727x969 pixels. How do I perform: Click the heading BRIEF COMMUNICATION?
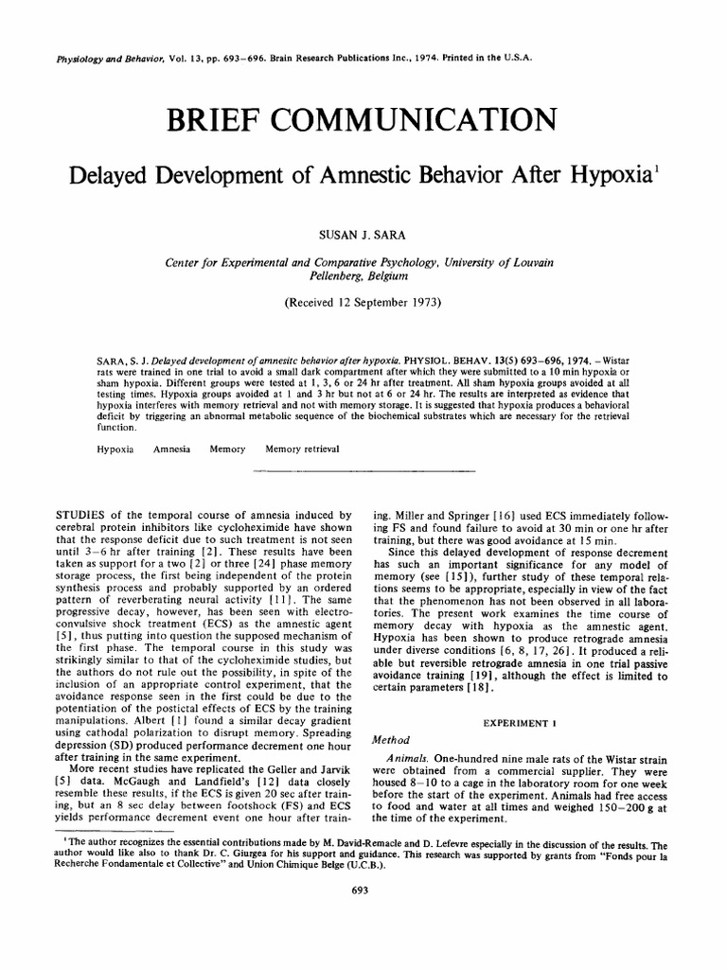pos(363,121)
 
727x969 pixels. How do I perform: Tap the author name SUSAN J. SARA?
pos(363,230)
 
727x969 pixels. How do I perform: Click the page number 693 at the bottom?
pos(359,890)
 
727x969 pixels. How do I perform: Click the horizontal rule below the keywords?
pos(363,469)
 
